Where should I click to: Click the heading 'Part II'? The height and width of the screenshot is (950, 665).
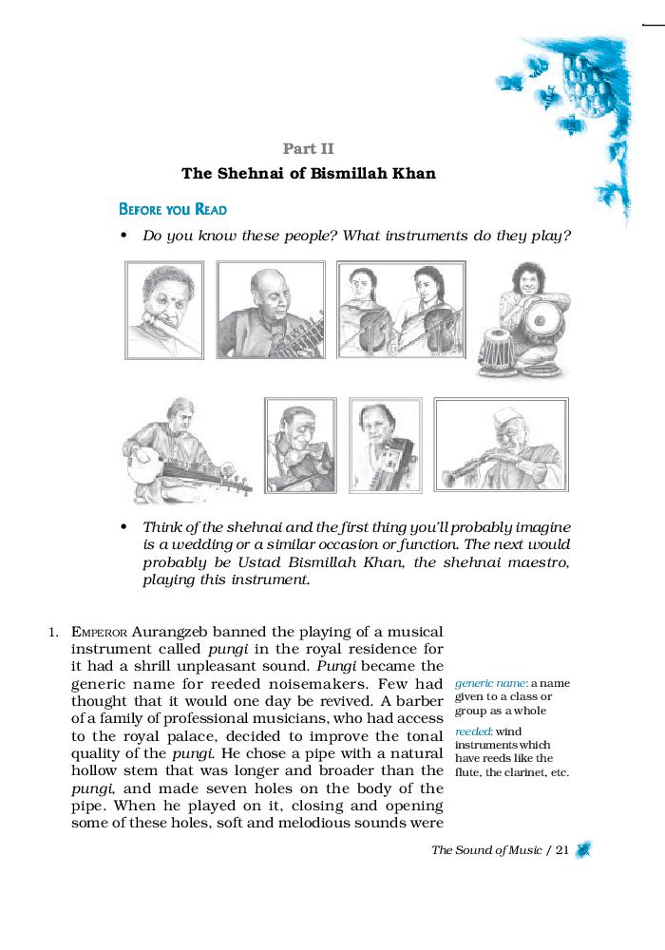308,148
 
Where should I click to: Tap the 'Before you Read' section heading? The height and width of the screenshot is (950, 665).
172,209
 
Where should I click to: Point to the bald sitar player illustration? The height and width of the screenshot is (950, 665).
271,309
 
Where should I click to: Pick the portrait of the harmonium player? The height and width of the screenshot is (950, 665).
385,444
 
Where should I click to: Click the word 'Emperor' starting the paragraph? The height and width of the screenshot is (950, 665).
99,632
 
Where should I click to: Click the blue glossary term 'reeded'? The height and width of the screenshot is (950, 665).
472,732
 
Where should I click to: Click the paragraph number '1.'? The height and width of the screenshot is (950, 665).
54,632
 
